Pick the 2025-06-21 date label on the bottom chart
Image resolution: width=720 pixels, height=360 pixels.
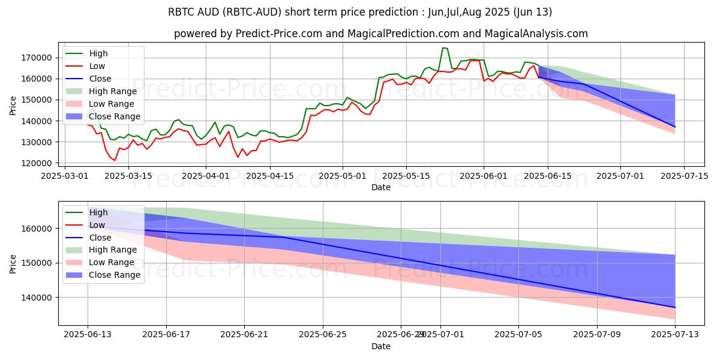[x=244, y=334]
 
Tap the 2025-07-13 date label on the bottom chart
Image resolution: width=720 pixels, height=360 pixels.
[x=675, y=334]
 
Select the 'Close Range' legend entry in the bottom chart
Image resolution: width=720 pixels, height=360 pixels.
[x=115, y=275]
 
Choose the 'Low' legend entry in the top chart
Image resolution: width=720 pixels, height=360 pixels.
[x=98, y=66]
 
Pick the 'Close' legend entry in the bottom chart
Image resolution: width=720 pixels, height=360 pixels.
[x=100, y=237]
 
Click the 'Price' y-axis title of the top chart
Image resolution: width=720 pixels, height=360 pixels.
[x=13, y=105]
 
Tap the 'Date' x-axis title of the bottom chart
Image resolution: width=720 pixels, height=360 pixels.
[x=381, y=346]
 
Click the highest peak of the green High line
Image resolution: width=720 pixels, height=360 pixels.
[x=443, y=48]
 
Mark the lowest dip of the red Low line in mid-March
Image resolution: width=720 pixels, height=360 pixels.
[x=115, y=160]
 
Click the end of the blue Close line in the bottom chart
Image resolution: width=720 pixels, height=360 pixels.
[x=675, y=308]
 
